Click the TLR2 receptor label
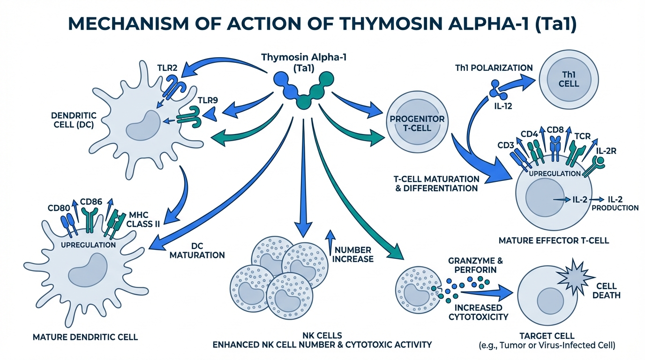point(167,67)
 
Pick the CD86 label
point(91,202)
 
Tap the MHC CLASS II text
point(142,219)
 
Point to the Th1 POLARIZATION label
point(494,67)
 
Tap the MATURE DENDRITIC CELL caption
point(85,337)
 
